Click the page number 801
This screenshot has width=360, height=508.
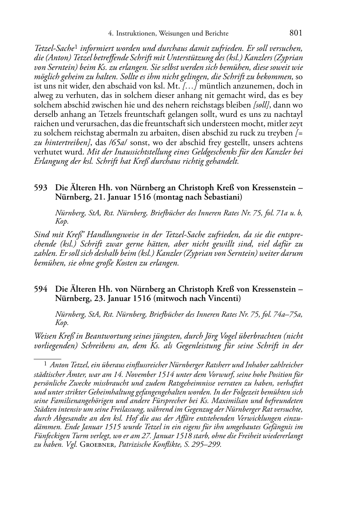[x=296, y=33]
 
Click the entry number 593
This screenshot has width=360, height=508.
[x=40, y=188]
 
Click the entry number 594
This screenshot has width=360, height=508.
[x=40, y=289]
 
